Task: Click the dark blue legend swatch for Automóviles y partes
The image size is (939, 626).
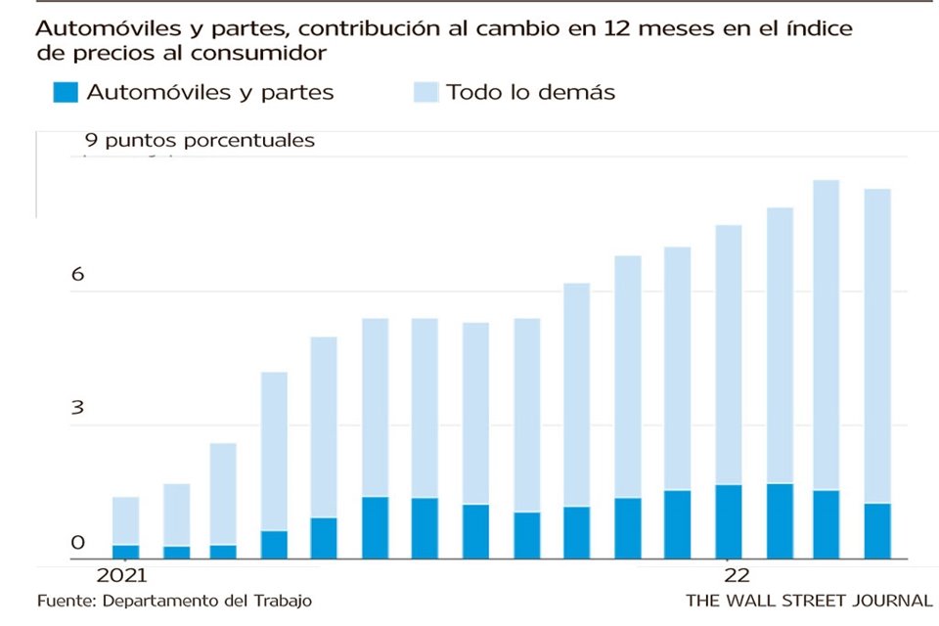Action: point(66,93)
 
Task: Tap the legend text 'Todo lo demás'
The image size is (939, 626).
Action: point(530,93)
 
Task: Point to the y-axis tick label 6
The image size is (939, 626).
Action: point(77,275)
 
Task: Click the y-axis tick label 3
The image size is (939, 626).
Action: point(77,409)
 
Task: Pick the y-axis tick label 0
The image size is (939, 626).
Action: point(77,543)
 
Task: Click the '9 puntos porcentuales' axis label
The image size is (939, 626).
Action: point(200,140)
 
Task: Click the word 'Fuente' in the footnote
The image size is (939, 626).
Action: point(65,600)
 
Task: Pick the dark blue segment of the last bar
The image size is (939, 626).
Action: point(877,531)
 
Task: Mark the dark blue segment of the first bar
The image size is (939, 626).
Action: point(125,552)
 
